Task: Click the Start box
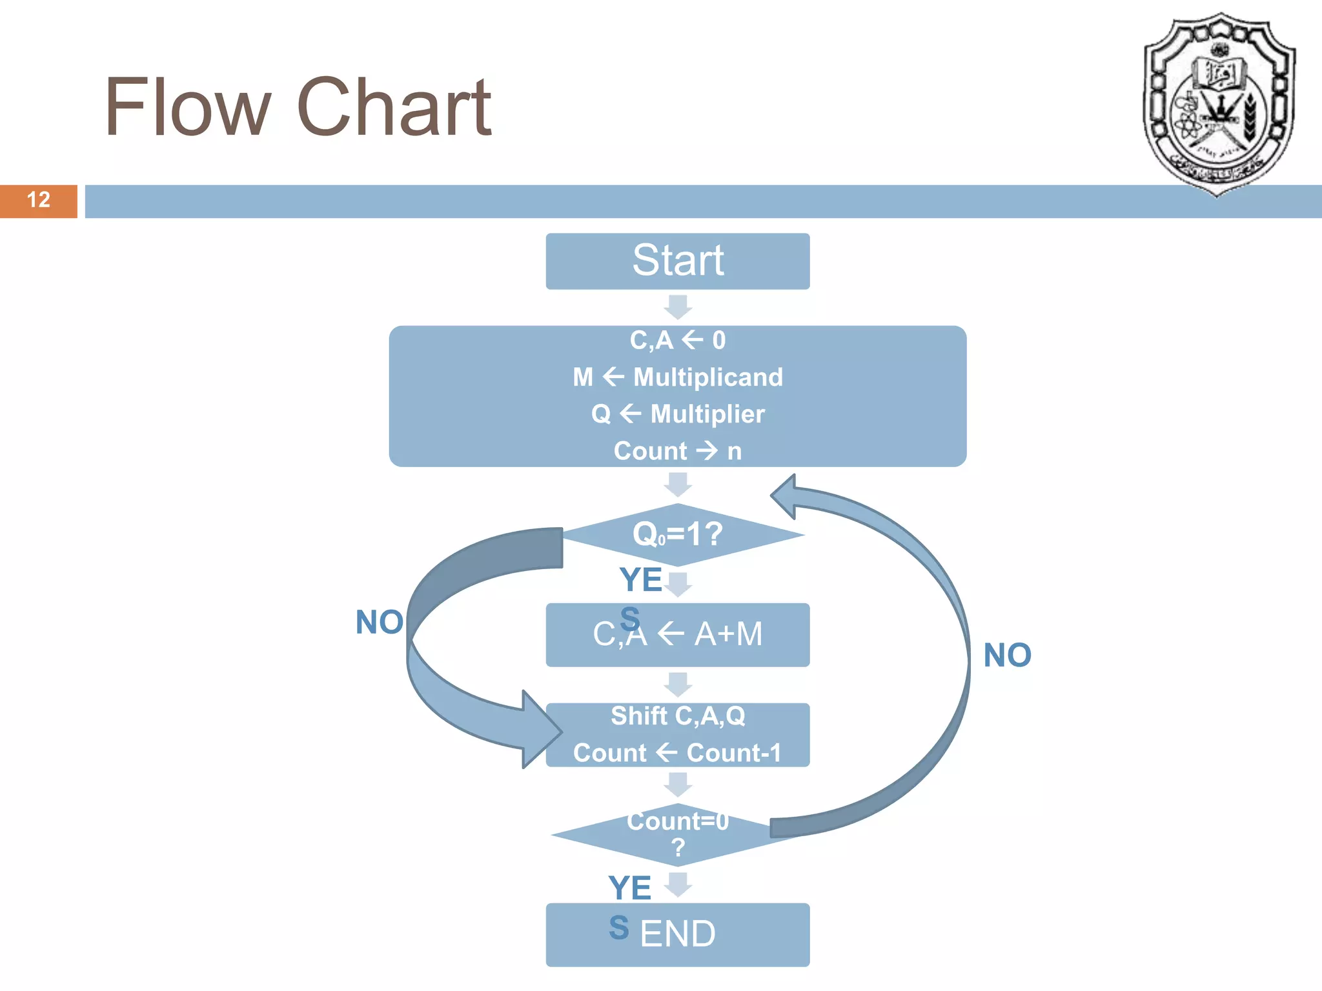tap(677, 261)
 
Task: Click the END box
tap(677, 934)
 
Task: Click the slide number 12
tap(38, 200)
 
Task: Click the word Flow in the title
tap(187, 108)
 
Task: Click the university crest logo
tap(1218, 103)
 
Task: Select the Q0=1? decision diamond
tap(677, 534)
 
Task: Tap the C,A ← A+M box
tap(677, 635)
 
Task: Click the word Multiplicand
tap(708, 377)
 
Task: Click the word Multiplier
tap(707, 414)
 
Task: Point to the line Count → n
tap(677, 450)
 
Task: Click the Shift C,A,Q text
tap(677, 716)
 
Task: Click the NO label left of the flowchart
tap(380, 623)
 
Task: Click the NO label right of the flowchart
tap(1007, 656)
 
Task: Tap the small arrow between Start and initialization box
tap(678, 307)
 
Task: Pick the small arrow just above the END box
tap(678, 885)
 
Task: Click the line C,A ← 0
tap(677, 340)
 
